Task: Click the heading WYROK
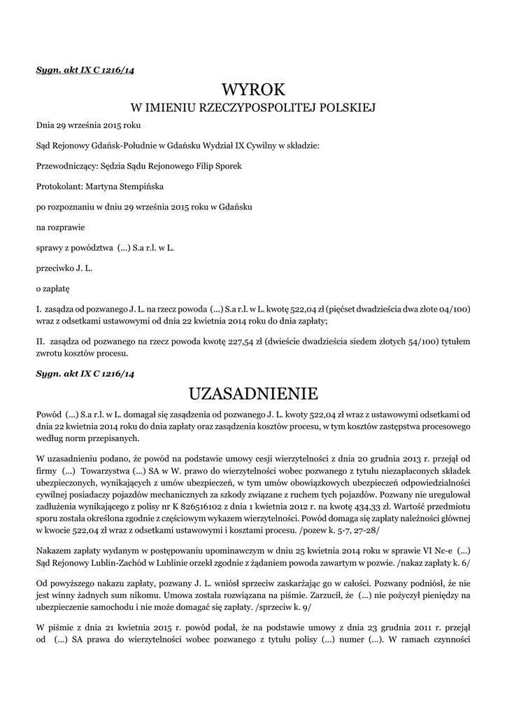click(253, 90)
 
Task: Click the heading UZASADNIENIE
click(253, 391)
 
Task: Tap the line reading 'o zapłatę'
click(53, 288)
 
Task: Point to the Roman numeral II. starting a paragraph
click(41, 342)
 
